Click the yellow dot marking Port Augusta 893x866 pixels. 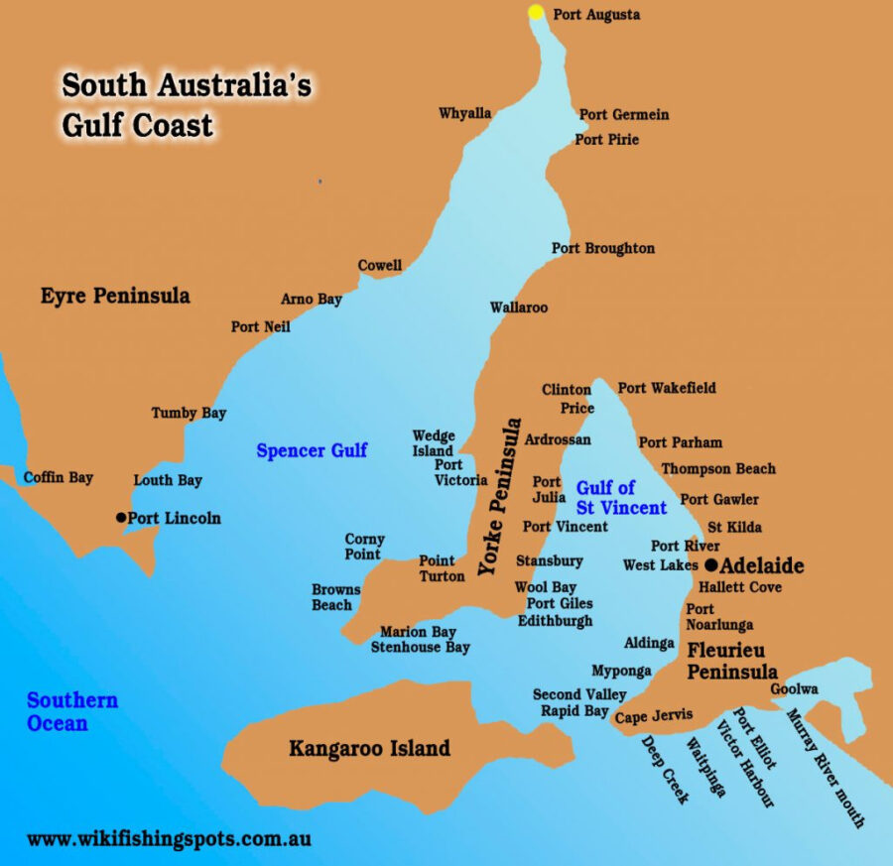click(536, 13)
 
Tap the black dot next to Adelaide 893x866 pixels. click(710, 565)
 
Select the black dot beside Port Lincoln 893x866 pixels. click(121, 517)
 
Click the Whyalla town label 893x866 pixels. click(464, 113)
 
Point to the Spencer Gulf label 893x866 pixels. click(312, 450)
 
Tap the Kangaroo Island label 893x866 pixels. click(369, 748)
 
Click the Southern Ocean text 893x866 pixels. click(71, 711)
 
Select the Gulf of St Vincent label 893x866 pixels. click(621, 498)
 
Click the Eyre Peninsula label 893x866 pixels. click(115, 296)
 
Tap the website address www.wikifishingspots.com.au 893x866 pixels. click(169, 838)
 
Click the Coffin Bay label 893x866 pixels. click(58, 477)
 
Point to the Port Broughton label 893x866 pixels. click(603, 248)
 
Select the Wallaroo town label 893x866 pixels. click(518, 308)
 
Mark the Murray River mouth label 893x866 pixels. click(826, 769)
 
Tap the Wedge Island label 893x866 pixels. click(434, 443)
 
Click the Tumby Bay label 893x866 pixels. click(189, 413)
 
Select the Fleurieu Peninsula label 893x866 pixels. click(732, 661)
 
